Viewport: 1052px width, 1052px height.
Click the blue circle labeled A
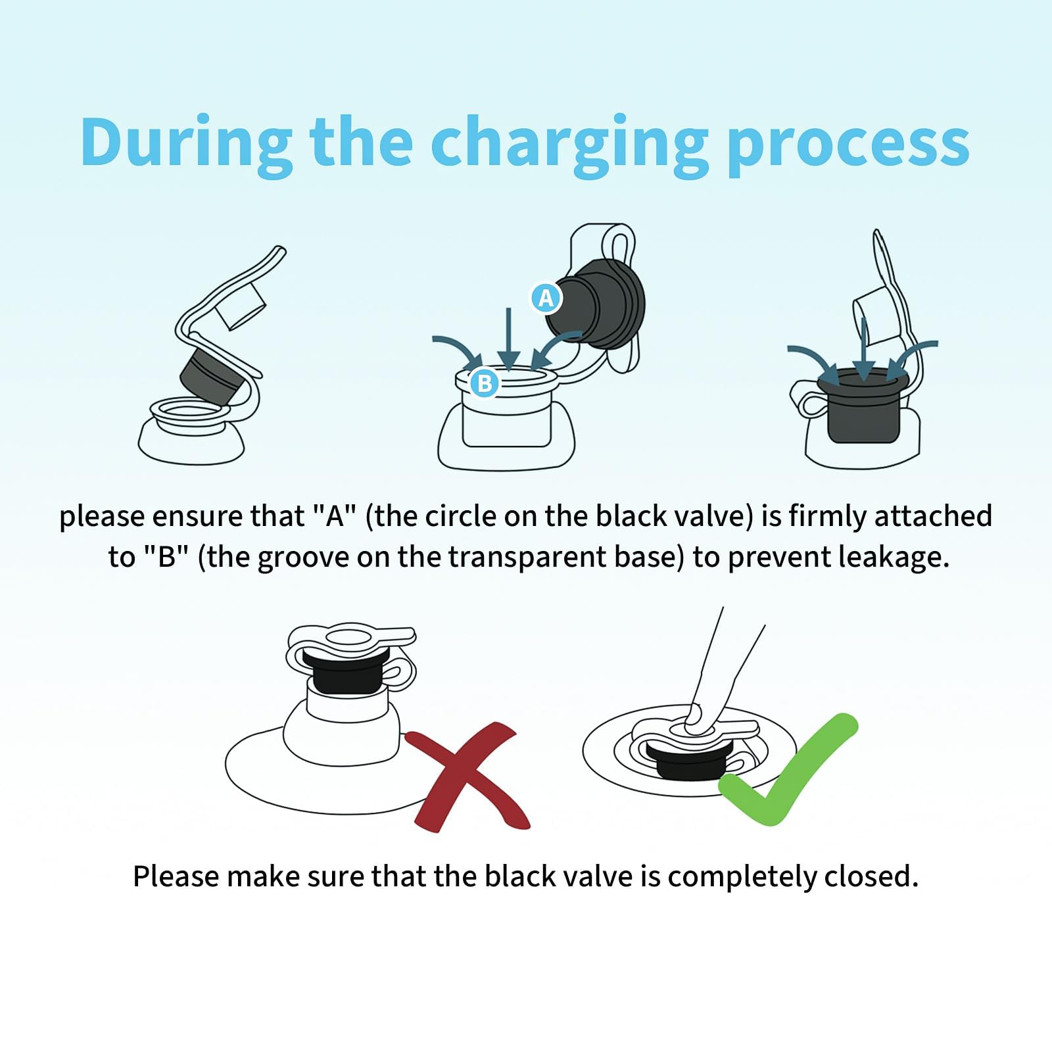tap(546, 299)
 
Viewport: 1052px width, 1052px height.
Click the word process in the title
tap(848, 149)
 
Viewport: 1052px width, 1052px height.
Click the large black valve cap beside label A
tap(596, 304)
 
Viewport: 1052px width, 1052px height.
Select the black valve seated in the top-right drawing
tap(863, 405)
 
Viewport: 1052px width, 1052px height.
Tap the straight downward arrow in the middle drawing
tap(508, 339)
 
